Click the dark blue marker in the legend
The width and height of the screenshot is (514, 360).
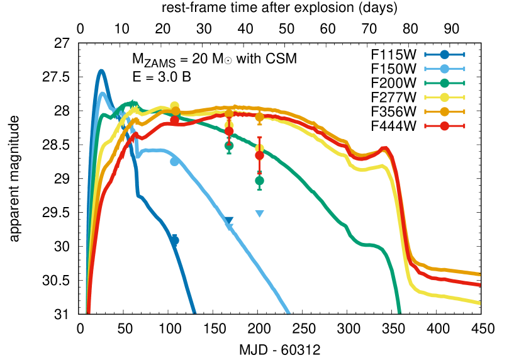444,55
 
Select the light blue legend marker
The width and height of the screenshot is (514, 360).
444,69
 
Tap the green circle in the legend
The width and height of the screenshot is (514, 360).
444,83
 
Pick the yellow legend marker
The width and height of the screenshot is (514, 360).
444,98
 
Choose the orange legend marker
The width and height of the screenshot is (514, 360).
444,111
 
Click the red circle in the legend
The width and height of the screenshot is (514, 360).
444,126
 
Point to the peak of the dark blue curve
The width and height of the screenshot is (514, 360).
101,71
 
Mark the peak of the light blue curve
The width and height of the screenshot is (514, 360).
103,94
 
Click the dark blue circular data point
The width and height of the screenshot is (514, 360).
174,240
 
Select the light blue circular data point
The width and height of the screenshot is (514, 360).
174,162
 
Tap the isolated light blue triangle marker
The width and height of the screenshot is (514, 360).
259,214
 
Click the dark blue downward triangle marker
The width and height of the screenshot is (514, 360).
229,221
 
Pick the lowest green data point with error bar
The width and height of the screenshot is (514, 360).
259,181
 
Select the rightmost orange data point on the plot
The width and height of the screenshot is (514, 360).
259,117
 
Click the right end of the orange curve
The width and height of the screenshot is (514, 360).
479,274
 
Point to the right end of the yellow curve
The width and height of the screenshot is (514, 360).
479,303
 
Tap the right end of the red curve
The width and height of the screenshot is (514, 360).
479,284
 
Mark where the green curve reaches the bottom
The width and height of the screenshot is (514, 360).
399,312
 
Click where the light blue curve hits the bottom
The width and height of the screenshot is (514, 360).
288,312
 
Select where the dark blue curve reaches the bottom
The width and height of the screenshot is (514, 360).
194,312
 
